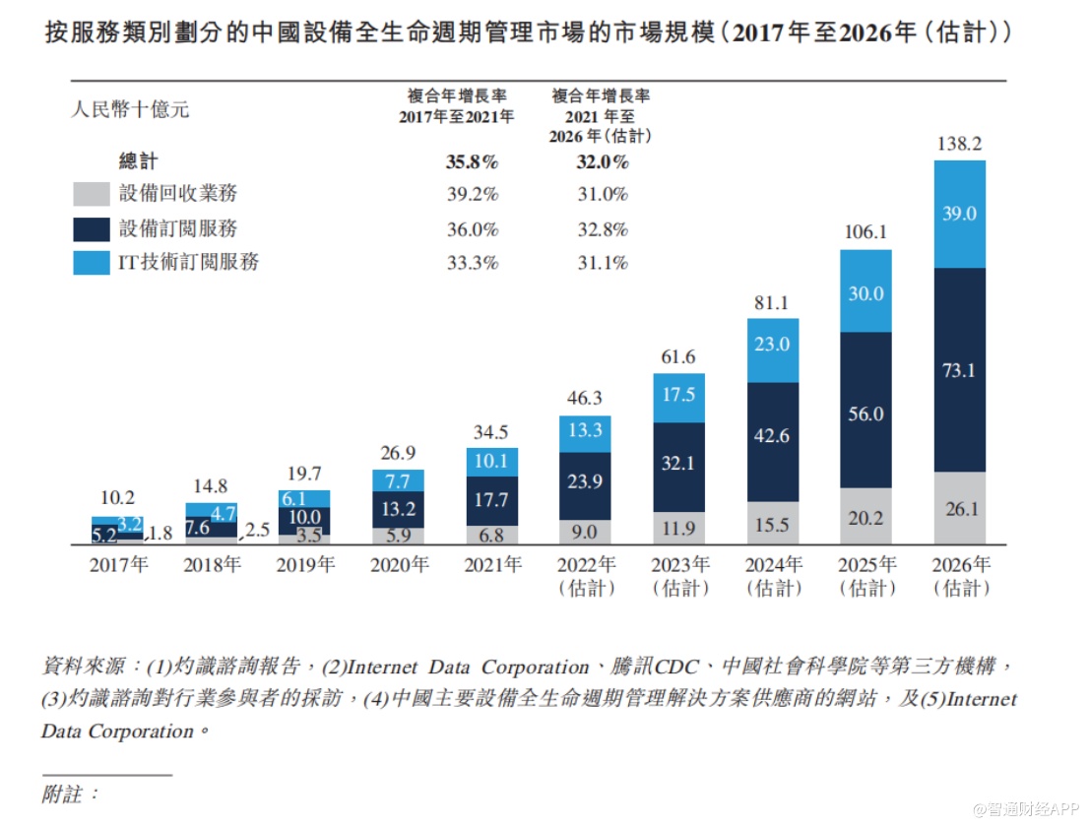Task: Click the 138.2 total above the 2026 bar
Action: pyautogui.click(x=959, y=144)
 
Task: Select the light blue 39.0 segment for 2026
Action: pyautogui.click(x=959, y=214)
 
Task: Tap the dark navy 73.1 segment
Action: pyautogui.click(x=959, y=370)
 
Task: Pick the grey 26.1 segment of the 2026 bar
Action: pyautogui.click(x=959, y=508)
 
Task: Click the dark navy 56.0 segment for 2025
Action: pyautogui.click(x=865, y=414)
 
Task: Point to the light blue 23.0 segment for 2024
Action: pyautogui.click(x=773, y=345)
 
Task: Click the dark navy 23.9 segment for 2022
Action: pyautogui.click(x=585, y=483)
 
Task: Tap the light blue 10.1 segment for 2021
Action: pyautogui.click(x=491, y=462)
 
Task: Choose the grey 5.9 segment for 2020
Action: pyautogui.click(x=398, y=537)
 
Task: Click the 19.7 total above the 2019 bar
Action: pyautogui.click(x=304, y=475)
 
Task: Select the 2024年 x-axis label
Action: pyautogui.click(x=773, y=566)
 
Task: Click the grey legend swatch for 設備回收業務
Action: pyautogui.click(x=91, y=194)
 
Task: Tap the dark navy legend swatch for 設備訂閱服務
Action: pyautogui.click(x=91, y=229)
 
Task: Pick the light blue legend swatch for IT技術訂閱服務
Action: pyautogui.click(x=91, y=263)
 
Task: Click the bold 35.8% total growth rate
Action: pyautogui.click(x=473, y=161)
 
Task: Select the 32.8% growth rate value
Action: pyautogui.click(x=603, y=229)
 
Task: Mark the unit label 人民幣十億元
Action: pyautogui.click(x=130, y=109)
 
